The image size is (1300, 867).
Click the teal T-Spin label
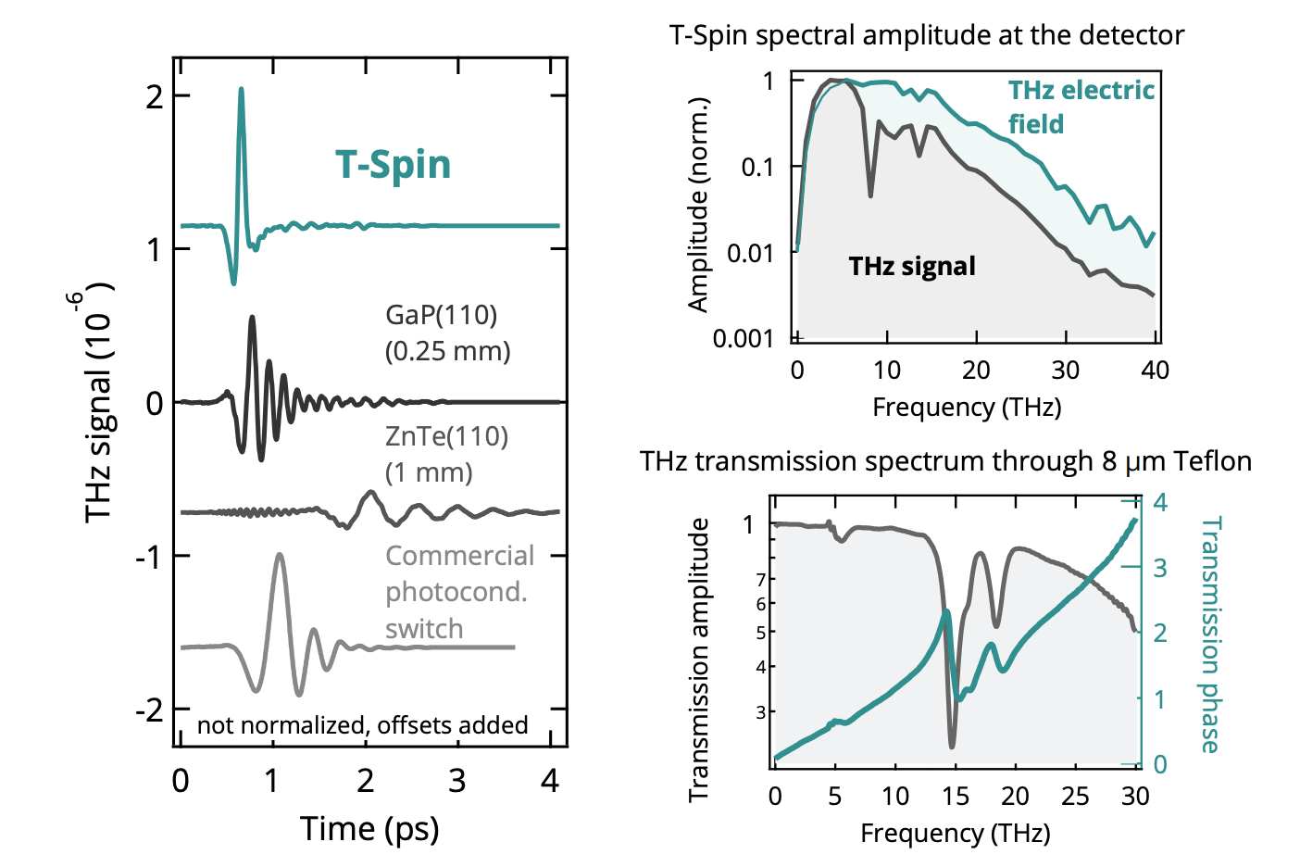(393, 165)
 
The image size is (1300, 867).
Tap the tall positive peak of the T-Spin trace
(242, 91)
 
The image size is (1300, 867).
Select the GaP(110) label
(441, 316)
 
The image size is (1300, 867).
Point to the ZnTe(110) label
(446, 436)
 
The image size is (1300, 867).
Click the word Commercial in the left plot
(459, 556)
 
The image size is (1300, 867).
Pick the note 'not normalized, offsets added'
(362, 724)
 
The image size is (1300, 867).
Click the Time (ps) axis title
(369, 828)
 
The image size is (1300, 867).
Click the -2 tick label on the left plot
(149, 710)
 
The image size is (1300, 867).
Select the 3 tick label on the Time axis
(456, 782)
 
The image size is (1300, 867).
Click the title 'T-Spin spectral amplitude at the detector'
(926, 35)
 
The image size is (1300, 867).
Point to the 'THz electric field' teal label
(1080, 107)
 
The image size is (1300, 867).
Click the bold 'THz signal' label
(912, 267)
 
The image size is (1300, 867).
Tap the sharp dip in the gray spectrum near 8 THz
(870, 195)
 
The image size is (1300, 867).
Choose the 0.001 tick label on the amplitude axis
(744, 338)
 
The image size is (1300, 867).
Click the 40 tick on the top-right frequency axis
(1155, 371)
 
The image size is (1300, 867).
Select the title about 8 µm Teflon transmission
(944, 461)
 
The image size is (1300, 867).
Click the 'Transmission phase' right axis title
(1210, 635)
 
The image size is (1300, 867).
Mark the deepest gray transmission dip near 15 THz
(952, 745)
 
